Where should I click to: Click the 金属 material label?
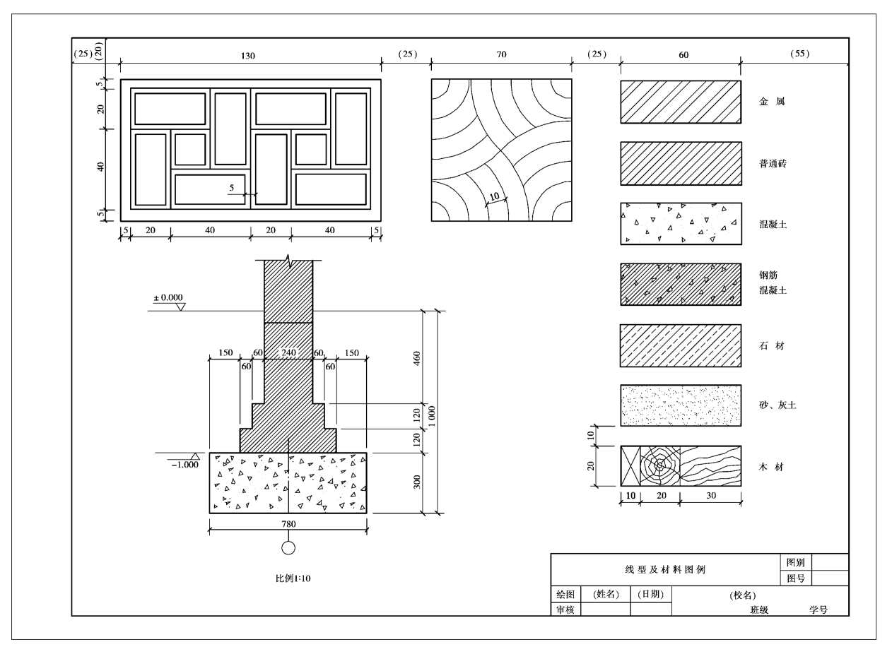pos(772,102)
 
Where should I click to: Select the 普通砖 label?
pos(773,164)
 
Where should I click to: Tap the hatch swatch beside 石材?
pos(681,345)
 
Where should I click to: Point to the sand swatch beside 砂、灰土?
pos(681,405)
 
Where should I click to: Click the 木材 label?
pos(771,467)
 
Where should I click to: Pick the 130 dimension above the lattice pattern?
pos(247,56)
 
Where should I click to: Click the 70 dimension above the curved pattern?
pos(501,54)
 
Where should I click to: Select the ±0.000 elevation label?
pos(168,297)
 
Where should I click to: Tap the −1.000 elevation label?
pos(184,465)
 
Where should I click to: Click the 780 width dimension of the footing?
pos(288,524)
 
